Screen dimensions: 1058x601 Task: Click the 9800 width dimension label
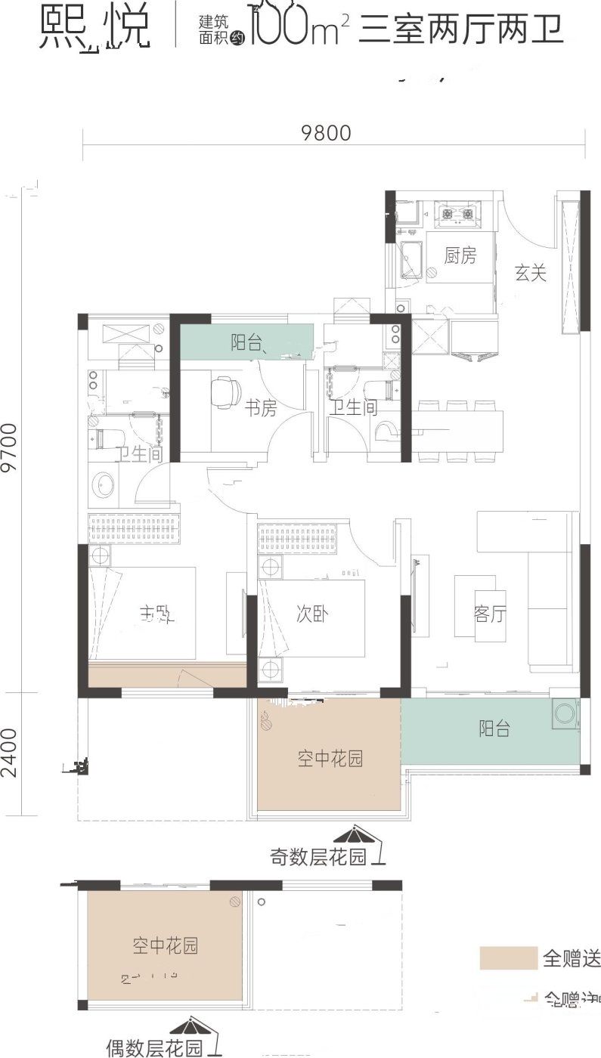pos(326,133)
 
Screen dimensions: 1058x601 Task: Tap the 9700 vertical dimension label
pos(10,447)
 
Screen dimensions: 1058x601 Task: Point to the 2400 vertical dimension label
pos(10,753)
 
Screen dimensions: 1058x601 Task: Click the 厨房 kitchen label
pos(460,256)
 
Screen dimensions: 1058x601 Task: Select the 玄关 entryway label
pos(531,273)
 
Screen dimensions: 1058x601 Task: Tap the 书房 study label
pos(260,409)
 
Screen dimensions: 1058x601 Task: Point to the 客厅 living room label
pos(490,614)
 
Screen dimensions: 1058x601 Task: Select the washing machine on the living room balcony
pos(565,713)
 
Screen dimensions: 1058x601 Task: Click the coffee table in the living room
pos(476,605)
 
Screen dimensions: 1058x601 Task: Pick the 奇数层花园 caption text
pos(318,857)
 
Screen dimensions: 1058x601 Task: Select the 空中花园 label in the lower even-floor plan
pos(165,945)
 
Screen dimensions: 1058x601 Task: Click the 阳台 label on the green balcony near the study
pos(246,342)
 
